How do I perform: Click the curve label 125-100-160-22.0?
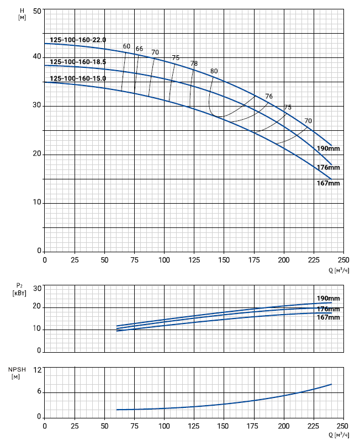[x=78, y=40]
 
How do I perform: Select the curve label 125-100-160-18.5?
[x=78, y=62]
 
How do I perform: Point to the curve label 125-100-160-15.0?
[x=78, y=78]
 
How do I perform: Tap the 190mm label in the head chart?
[x=328, y=148]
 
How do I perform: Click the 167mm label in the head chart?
[x=328, y=183]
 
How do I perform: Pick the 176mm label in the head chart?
[x=328, y=167]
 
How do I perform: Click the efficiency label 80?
[x=214, y=71]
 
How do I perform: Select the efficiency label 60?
[x=127, y=46]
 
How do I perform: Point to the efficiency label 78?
[x=194, y=63]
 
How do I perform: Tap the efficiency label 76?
[x=269, y=97]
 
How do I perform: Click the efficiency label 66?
[x=139, y=49]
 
